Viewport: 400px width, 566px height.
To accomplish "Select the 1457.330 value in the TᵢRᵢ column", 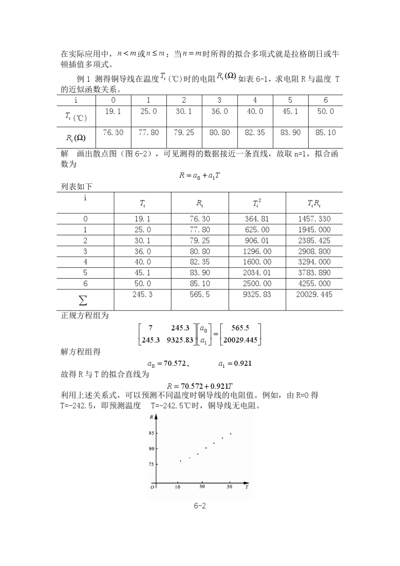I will (314, 219).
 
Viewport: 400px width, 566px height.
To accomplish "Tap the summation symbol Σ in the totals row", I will (83, 300).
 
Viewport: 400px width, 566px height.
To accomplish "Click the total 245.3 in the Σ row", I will (142, 295).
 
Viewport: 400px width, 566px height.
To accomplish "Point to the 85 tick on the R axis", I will (151, 433).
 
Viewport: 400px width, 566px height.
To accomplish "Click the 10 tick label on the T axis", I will (178, 487).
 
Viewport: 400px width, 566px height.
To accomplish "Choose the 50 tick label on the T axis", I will (229, 487).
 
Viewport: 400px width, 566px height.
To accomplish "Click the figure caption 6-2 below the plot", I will (200, 506).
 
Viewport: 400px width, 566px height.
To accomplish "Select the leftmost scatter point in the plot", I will (181, 461).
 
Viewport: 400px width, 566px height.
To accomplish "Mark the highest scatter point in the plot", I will (230, 433).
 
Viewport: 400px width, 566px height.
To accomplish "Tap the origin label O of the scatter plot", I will (152, 487).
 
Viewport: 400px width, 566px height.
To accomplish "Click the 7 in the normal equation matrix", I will (151, 328).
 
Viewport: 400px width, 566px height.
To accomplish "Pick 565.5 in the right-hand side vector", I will (240, 328).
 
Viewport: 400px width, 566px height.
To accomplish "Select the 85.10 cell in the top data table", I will (325, 133).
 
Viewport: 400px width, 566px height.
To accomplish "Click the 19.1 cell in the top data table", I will (113, 112).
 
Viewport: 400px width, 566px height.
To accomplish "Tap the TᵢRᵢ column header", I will (314, 204).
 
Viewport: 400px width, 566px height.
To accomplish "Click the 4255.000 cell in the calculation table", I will (314, 284).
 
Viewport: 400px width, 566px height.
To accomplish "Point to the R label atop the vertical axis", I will (151, 417).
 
